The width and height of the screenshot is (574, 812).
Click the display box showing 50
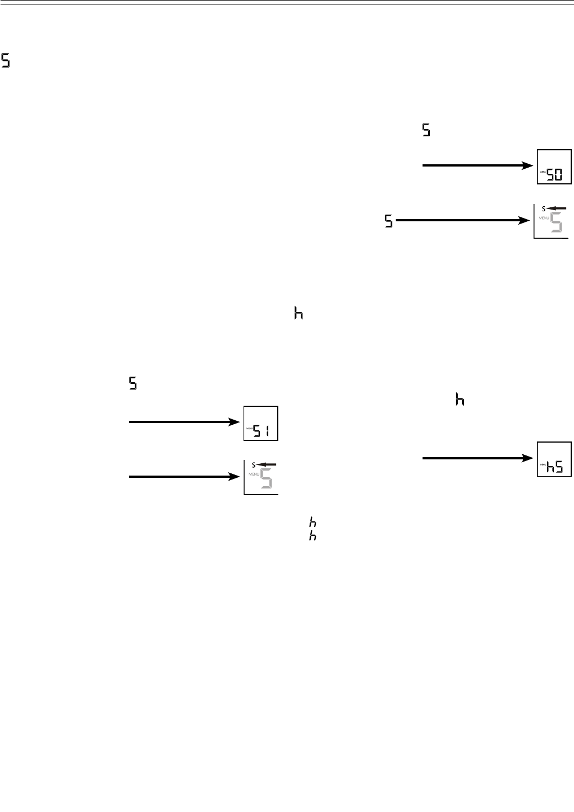[554, 167]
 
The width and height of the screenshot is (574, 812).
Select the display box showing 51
[260, 423]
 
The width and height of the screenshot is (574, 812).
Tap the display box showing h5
[554, 459]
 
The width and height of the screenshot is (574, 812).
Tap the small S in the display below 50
[543, 208]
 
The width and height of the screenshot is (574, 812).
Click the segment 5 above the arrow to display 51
[133, 384]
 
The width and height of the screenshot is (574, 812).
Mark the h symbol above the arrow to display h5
[460, 400]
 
